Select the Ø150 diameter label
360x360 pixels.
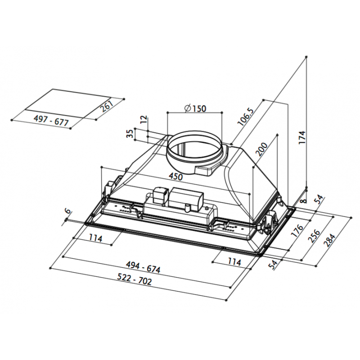[194, 108]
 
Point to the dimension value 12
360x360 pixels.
[144, 120]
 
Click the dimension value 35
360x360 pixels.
[130, 134]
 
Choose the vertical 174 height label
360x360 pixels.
[302, 138]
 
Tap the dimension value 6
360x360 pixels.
[67, 211]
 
